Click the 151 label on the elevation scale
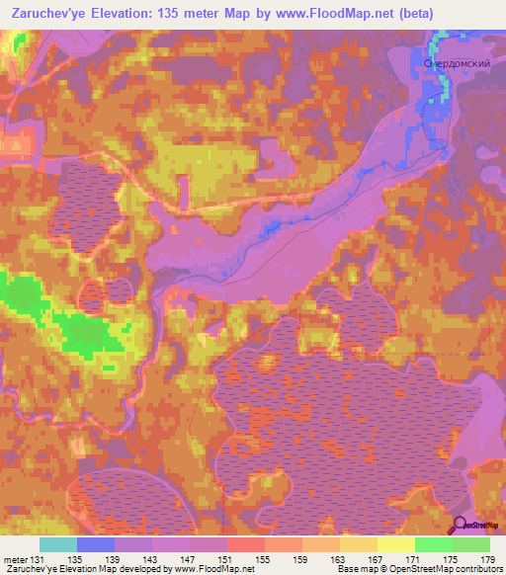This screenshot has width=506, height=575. click(227, 561)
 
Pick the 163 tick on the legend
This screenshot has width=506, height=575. click(339, 561)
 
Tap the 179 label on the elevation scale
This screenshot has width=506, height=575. click(488, 561)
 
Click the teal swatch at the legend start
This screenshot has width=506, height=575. click(58, 544)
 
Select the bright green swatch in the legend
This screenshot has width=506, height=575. click(433, 544)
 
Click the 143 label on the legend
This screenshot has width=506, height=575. click(152, 561)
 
